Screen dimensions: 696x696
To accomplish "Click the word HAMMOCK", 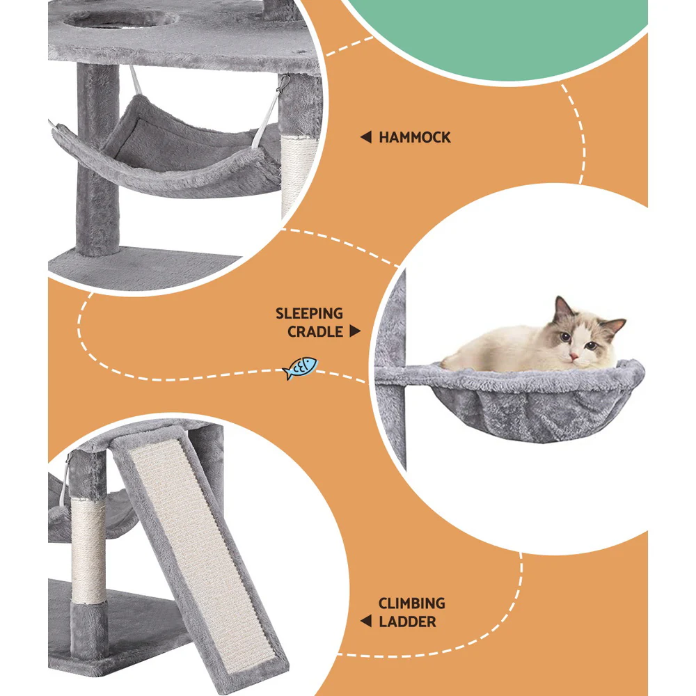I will coord(414,138).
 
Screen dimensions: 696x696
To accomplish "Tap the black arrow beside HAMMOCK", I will coord(365,138).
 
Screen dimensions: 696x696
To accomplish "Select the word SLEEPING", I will coord(309,314).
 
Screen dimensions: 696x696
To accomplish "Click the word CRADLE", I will coord(315,332).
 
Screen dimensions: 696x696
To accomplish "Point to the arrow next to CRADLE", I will coord(355,332).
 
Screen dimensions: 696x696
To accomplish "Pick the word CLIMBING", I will coord(411,603).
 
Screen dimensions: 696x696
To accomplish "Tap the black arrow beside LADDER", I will coord(365,622).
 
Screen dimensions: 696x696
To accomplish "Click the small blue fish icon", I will coord(300,368).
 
